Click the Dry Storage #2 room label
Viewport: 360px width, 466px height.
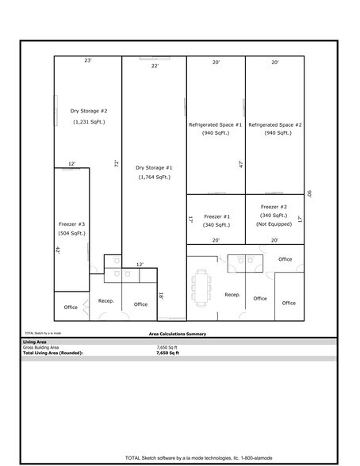(88, 111)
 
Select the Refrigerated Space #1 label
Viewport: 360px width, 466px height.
(216, 124)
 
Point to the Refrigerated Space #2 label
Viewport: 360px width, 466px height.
(275, 124)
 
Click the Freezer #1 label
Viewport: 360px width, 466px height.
(216, 216)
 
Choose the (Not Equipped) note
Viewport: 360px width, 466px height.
(274, 224)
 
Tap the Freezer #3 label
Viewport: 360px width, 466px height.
(71, 223)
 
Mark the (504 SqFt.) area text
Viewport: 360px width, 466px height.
(71, 234)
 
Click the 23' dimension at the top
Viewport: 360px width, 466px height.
(88, 59)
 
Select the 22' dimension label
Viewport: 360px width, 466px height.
(155, 67)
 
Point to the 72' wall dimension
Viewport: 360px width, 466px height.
(117, 163)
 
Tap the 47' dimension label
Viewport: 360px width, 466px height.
(240, 164)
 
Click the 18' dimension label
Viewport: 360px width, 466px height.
(161, 296)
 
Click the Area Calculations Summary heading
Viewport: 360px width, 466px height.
(178, 334)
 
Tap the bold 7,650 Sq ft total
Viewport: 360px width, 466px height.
(168, 352)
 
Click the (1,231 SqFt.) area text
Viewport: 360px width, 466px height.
(88, 122)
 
